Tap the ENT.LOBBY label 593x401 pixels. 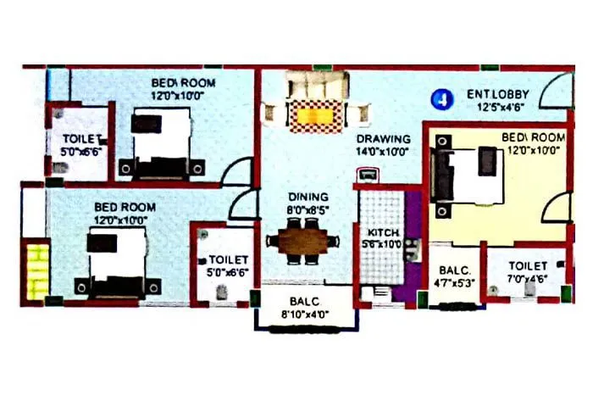point(497,95)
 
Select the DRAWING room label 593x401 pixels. point(383,139)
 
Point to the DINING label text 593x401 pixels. point(308,197)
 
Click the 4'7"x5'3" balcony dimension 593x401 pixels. point(453,284)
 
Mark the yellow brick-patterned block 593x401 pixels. point(36,270)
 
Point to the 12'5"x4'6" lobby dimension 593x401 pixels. point(497,107)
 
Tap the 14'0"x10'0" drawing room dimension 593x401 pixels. point(383,152)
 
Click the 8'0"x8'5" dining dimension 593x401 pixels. point(308,209)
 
